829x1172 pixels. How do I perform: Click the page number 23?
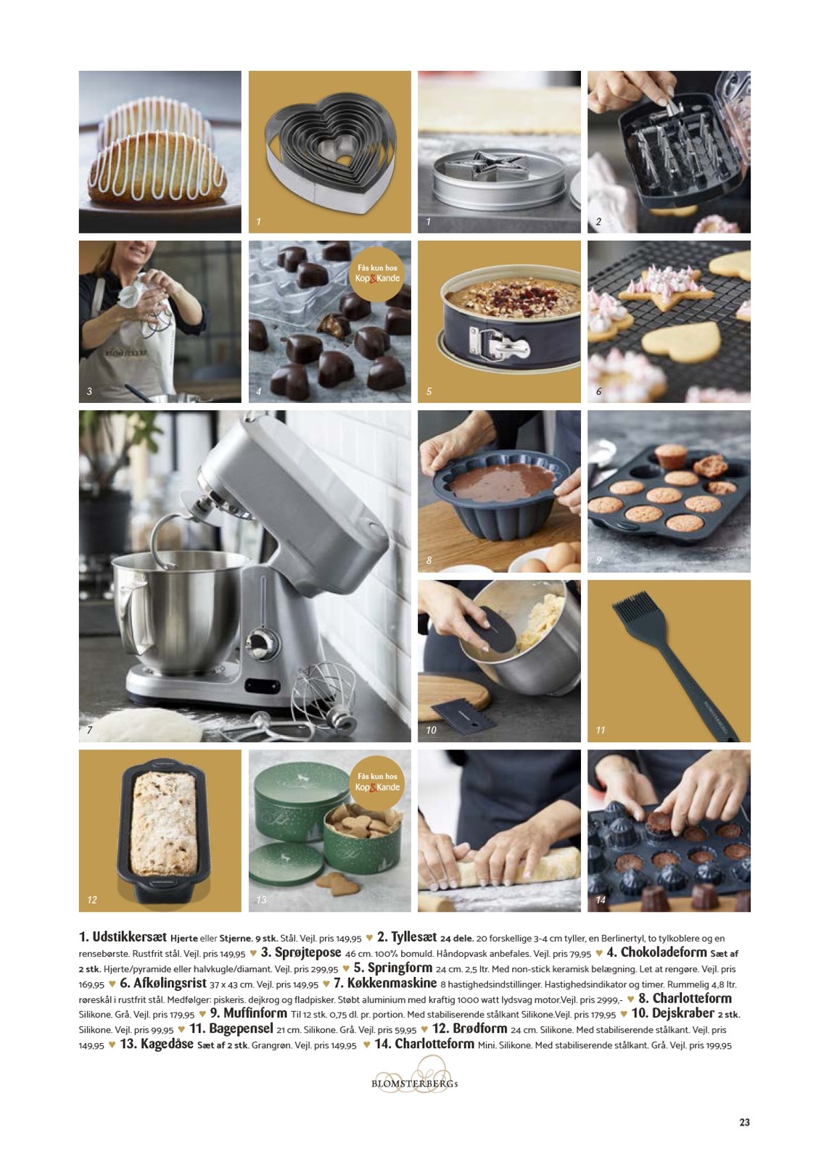pyautogui.click(x=744, y=1123)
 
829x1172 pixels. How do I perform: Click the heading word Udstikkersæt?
pyautogui.click(x=130, y=937)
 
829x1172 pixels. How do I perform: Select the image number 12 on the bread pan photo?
pyautogui.click(x=92, y=899)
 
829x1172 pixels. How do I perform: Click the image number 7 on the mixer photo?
pyautogui.click(x=90, y=730)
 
